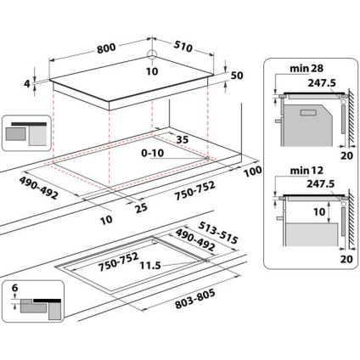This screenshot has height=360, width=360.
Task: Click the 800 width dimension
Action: coord(105,48)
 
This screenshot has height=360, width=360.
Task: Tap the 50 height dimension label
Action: coord(237,76)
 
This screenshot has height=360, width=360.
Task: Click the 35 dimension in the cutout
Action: coord(181,139)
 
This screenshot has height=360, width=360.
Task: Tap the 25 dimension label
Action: coord(142,205)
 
